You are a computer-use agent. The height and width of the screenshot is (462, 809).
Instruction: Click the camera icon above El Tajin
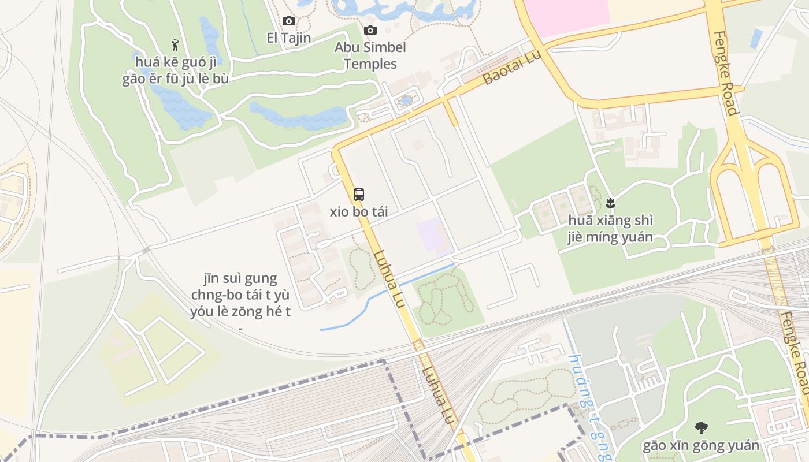(x=288, y=21)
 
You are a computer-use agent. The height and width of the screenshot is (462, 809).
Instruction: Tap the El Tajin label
(x=288, y=38)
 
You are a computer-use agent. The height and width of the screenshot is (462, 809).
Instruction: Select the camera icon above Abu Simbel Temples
(x=370, y=30)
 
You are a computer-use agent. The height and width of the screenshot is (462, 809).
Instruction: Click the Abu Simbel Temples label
(x=370, y=55)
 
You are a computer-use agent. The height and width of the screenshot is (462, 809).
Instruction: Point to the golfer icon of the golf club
(x=175, y=44)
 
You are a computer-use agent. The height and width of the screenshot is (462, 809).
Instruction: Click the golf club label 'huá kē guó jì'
(x=175, y=61)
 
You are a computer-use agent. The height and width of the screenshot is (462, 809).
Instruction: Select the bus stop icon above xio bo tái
(x=359, y=194)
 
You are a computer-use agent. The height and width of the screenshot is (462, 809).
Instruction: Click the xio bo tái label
(x=359, y=212)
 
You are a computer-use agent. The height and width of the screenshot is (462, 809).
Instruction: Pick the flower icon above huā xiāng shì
(x=610, y=203)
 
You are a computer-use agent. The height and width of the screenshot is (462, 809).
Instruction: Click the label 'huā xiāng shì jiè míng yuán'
(x=610, y=229)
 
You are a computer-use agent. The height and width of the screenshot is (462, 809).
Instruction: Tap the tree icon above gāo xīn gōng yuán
(x=701, y=428)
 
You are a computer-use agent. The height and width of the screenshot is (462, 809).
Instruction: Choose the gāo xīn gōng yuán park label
(x=701, y=445)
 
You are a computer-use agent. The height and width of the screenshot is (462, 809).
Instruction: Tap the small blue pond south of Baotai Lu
(x=406, y=100)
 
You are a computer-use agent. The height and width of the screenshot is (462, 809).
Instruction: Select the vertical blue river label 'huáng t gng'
(x=589, y=407)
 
